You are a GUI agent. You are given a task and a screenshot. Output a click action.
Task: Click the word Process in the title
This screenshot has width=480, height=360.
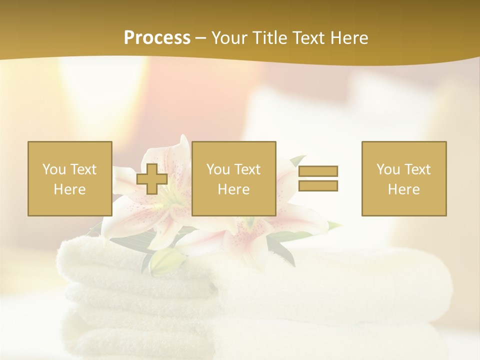157,38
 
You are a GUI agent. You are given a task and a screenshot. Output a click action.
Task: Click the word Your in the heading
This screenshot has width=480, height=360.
229,38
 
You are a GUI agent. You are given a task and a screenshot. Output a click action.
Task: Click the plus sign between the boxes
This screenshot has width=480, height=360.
152,178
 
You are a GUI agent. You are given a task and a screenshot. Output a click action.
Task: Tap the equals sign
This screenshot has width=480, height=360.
318,178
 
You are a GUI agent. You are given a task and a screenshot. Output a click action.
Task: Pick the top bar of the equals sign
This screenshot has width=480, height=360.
318,171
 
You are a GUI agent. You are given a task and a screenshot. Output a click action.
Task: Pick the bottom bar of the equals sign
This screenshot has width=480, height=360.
318,185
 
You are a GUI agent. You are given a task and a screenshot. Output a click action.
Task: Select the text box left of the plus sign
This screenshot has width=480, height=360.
70,178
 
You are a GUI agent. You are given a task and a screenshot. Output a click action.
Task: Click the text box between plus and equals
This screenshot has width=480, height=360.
233,178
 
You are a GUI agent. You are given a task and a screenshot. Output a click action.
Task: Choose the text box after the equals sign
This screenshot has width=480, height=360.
404,178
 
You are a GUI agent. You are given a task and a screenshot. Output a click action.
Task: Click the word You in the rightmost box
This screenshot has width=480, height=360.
388,169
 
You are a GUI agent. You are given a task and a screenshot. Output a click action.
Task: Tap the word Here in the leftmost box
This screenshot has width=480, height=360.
70,189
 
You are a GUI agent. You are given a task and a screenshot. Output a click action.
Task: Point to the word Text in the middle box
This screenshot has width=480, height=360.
247,169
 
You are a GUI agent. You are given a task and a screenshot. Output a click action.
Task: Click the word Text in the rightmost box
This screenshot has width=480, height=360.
417,169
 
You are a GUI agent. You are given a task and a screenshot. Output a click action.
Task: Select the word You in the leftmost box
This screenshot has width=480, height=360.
54,169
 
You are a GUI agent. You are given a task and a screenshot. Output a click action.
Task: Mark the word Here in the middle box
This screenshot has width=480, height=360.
233,189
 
